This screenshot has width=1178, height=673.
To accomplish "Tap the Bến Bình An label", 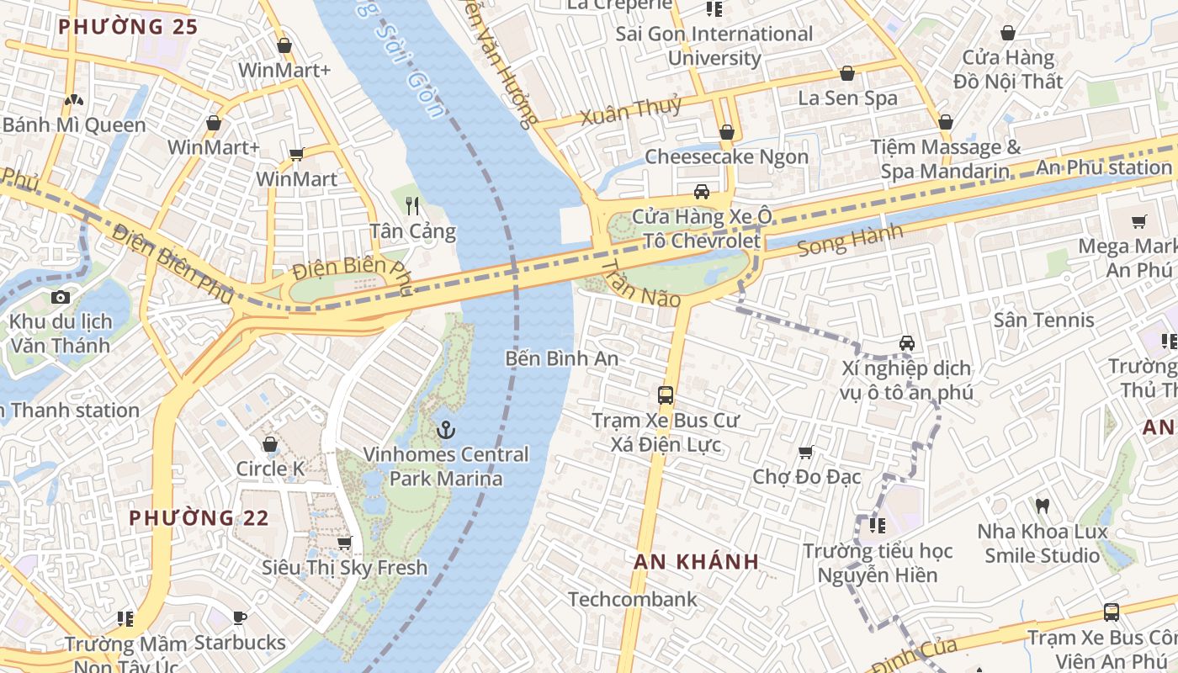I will pos(561,358).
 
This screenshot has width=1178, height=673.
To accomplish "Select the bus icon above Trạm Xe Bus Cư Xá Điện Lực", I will pos(666,395).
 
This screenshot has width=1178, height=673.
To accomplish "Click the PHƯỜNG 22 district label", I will pos(199,518).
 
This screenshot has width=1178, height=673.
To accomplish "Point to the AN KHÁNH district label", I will pos(697,562).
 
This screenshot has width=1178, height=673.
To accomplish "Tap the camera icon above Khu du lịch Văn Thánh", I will pos(60,297).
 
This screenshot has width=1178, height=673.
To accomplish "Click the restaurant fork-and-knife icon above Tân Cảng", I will pos(412,205).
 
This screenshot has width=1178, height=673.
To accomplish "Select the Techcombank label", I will pos(633,599).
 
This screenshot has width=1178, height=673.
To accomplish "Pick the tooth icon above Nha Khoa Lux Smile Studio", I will pos(1042,506).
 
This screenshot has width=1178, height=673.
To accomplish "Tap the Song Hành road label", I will pos(849,241).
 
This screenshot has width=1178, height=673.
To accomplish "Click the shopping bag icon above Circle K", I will pos(270,443).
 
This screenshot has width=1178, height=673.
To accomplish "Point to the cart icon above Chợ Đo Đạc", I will pos(806,452).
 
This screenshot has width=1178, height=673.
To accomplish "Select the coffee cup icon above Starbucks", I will pos(240,618).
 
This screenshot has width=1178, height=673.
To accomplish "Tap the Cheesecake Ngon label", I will pos(726,156).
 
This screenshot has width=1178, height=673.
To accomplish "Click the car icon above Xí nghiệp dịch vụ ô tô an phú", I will pos(907,343).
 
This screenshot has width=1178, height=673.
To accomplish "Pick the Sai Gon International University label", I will pos(714,46).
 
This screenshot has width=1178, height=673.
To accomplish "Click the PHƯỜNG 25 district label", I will pos(128,27).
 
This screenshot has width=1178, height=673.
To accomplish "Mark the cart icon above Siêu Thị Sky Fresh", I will pos(344,543).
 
